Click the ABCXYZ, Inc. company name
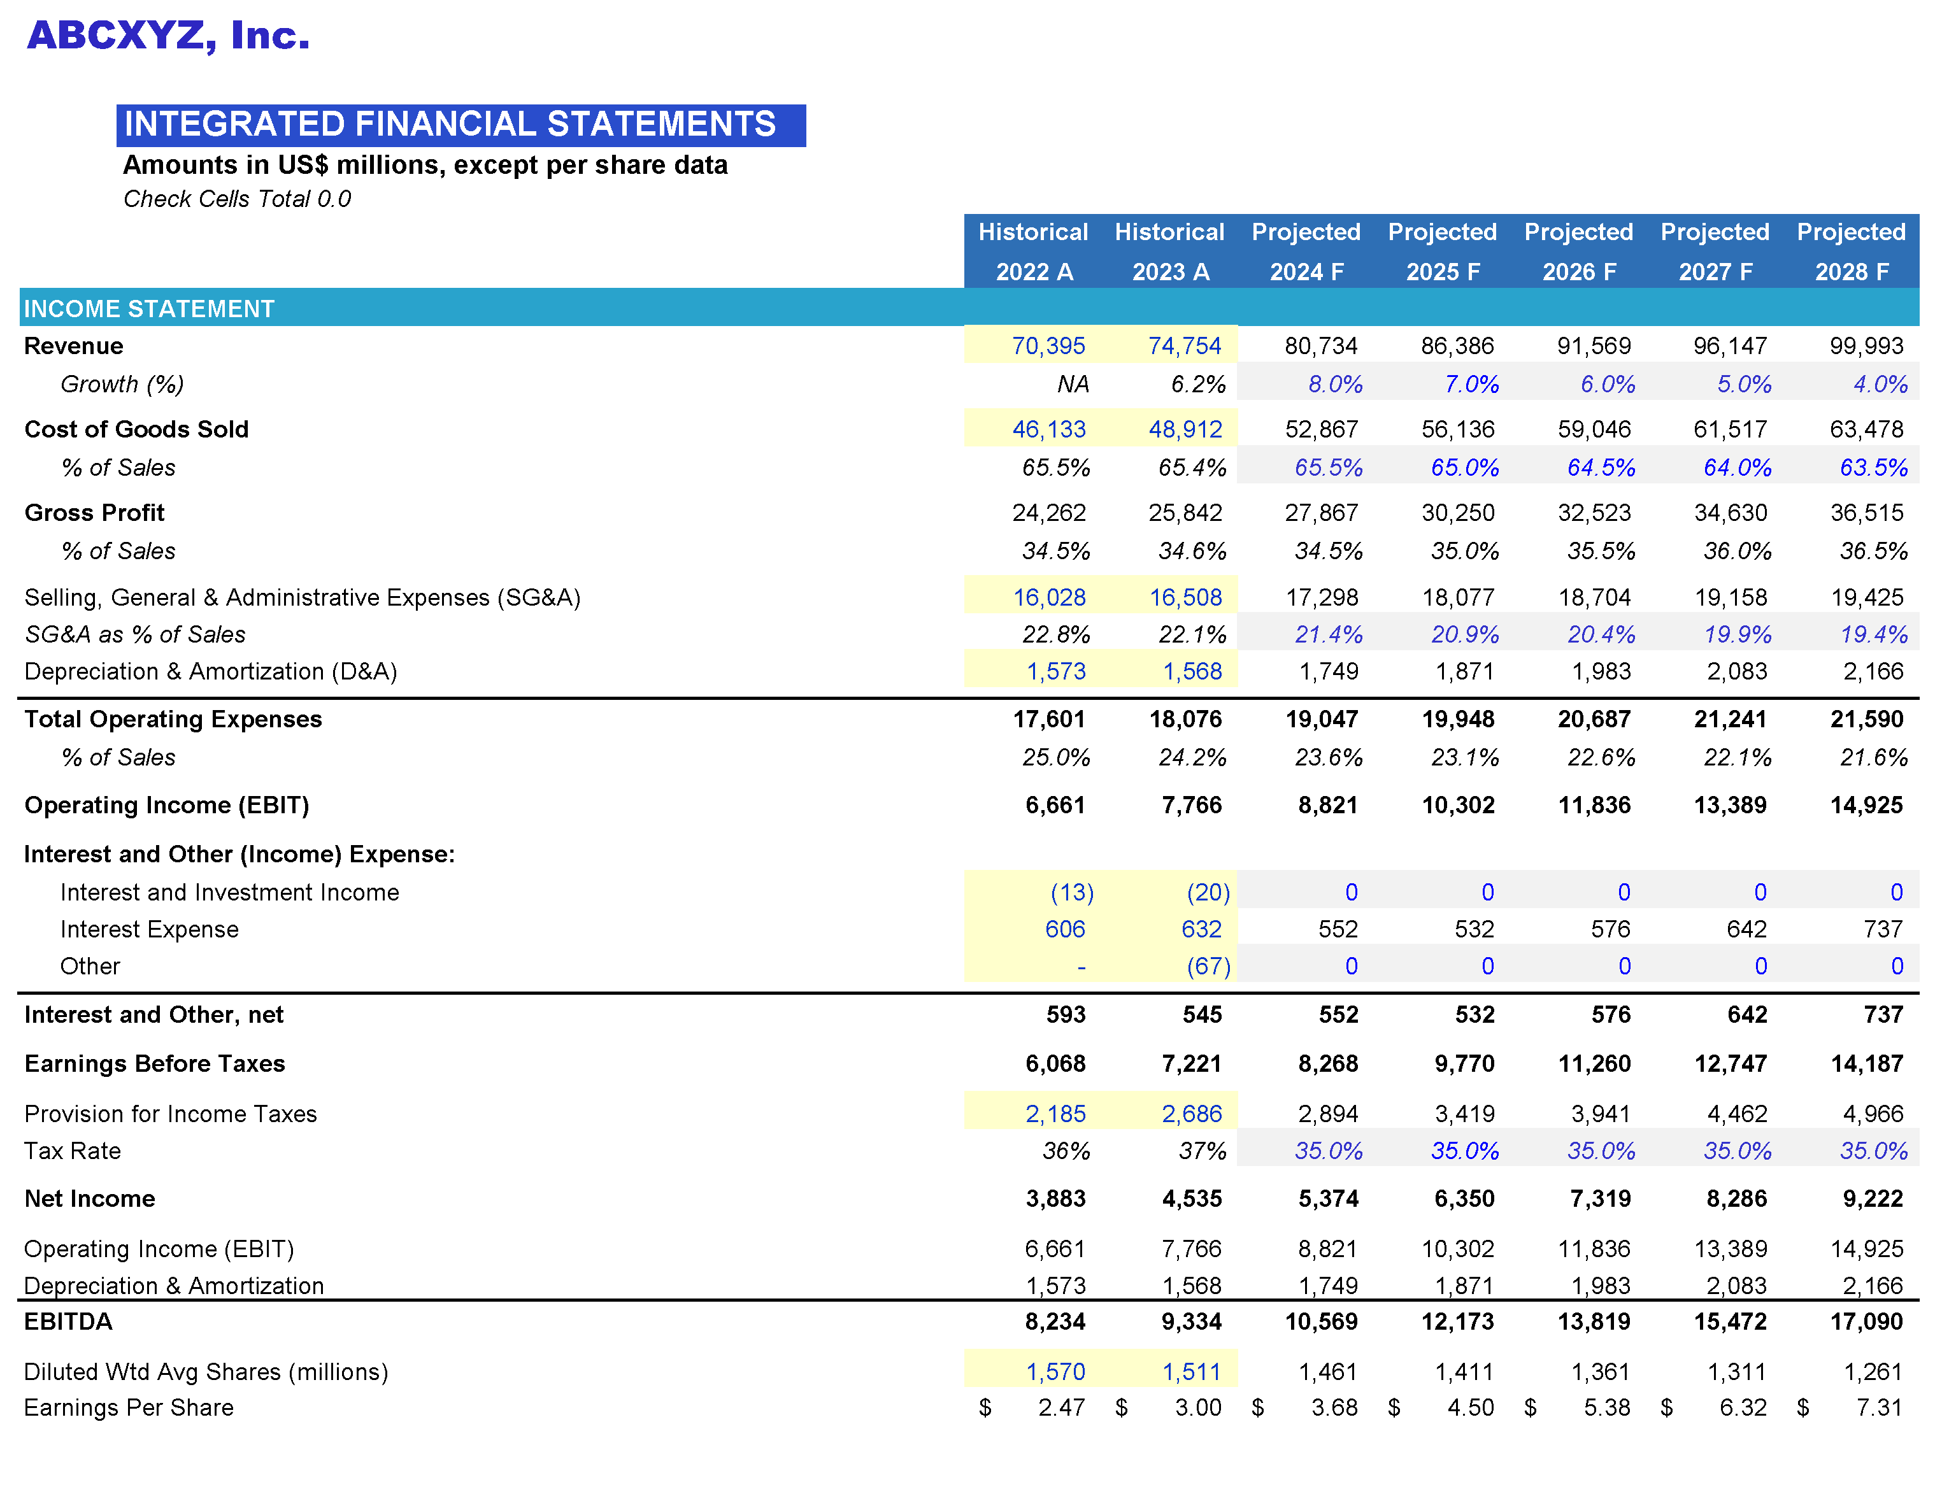[x=168, y=36]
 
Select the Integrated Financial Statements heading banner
[x=460, y=125]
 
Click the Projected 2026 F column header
[x=1578, y=252]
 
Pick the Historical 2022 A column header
[x=1033, y=252]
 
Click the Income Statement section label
[x=148, y=309]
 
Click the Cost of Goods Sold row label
[x=136, y=429]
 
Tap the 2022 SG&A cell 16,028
[x=1049, y=597]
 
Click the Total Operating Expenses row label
[x=173, y=719]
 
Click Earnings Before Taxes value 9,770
[x=1464, y=1064]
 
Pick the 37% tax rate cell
[x=1202, y=1151]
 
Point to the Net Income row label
[x=89, y=1199]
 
